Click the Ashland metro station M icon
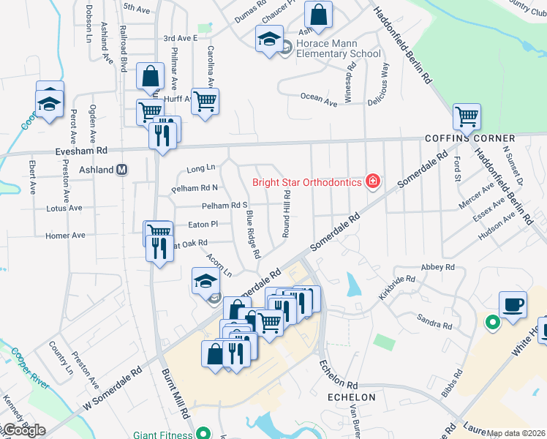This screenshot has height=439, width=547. pos(123,170)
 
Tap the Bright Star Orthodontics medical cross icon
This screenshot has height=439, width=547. pos(373,181)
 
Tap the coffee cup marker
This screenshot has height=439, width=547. pos(513,304)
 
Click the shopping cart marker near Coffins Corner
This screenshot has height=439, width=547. pos(467,116)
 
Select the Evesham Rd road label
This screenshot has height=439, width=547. pos(81,149)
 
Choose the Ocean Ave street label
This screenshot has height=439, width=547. pos(319,100)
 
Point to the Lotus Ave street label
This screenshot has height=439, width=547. pos(64,209)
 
